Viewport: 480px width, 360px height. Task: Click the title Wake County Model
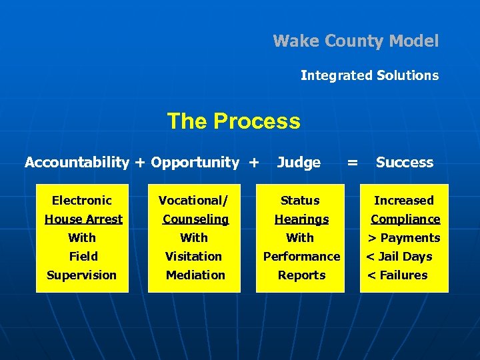[355, 41]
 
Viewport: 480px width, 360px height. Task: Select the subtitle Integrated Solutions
[369, 75]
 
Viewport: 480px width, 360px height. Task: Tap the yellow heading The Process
[233, 121]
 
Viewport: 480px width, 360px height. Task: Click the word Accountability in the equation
[77, 162]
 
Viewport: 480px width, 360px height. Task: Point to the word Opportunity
[195, 162]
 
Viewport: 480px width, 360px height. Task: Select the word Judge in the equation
[299, 162]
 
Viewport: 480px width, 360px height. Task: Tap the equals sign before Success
[353, 162]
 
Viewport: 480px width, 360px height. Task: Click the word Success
[404, 162]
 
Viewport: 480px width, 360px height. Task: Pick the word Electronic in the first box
[82, 200]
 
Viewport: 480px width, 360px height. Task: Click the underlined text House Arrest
[83, 219]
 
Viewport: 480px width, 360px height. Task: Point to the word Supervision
[81, 275]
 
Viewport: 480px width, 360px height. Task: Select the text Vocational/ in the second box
[193, 200]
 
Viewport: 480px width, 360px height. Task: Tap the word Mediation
[195, 275]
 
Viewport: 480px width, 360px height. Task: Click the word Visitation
[193, 256]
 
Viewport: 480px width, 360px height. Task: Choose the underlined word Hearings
[301, 219]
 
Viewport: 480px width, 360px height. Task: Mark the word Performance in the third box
[301, 256]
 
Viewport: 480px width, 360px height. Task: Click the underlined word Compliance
[405, 219]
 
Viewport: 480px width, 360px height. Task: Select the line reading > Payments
[404, 237]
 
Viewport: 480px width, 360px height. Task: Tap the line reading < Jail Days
[399, 256]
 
